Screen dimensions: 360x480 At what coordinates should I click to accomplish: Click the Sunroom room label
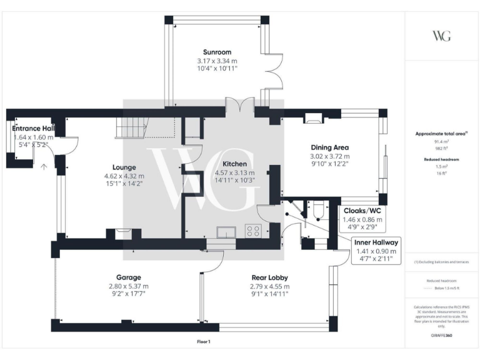[x=217, y=52]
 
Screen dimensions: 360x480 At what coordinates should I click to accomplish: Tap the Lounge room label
[x=124, y=167]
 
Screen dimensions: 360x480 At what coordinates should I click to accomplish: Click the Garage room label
[x=128, y=277]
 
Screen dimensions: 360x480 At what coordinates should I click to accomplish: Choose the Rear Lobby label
[x=269, y=277]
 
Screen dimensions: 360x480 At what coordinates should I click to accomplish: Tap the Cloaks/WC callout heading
[x=362, y=211]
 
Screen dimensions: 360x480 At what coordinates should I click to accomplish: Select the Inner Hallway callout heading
[x=375, y=242]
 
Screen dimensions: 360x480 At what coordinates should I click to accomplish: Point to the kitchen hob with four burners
[x=254, y=230]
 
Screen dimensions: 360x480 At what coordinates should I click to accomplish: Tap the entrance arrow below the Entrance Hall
[x=44, y=167]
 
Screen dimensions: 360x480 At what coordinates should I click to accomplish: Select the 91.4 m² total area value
[x=441, y=142]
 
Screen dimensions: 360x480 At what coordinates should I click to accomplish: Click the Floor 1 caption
[x=203, y=341]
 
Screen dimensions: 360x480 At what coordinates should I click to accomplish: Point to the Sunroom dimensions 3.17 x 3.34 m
[x=217, y=61]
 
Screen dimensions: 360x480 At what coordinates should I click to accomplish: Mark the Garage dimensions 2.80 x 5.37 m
[x=128, y=286]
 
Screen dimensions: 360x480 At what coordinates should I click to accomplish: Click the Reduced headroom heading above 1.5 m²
[x=441, y=159]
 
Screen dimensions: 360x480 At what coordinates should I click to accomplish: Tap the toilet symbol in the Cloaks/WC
[x=317, y=215]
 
